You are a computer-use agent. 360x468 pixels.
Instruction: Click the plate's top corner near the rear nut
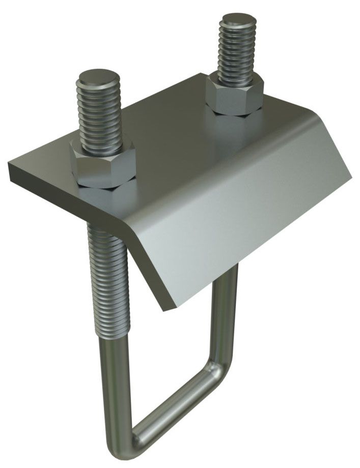200,75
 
